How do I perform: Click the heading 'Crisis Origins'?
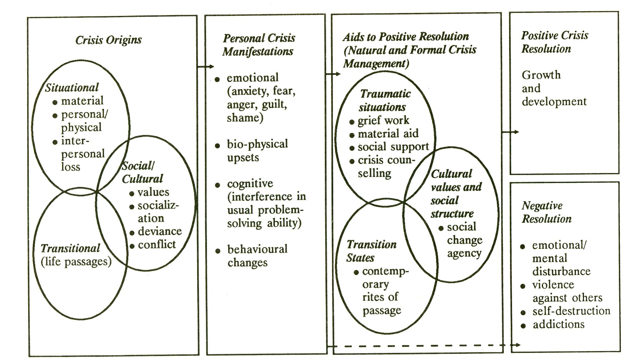[x=108, y=40]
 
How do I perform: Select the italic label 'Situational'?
[x=72, y=87]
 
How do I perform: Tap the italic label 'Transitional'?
[x=70, y=248]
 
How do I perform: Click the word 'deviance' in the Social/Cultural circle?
[x=160, y=231]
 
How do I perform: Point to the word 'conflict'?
[x=157, y=244]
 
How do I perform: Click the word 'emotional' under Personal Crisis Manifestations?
[x=253, y=78]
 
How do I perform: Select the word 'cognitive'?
[x=250, y=183]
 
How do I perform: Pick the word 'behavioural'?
[x=257, y=249]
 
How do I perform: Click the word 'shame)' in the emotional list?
[x=245, y=118]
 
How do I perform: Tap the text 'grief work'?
[x=383, y=121]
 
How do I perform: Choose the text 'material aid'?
[x=388, y=134]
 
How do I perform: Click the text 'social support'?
[x=393, y=147]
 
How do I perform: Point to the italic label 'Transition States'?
[x=371, y=251]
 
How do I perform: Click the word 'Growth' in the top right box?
[x=541, y=75]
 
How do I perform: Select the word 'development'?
[x=554, y=102]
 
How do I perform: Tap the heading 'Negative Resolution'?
[x=546, y=212]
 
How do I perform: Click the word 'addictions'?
[x=559, y=324]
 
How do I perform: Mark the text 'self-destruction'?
[x=571, y=311]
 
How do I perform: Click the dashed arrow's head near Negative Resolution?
[x=518, y=345]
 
